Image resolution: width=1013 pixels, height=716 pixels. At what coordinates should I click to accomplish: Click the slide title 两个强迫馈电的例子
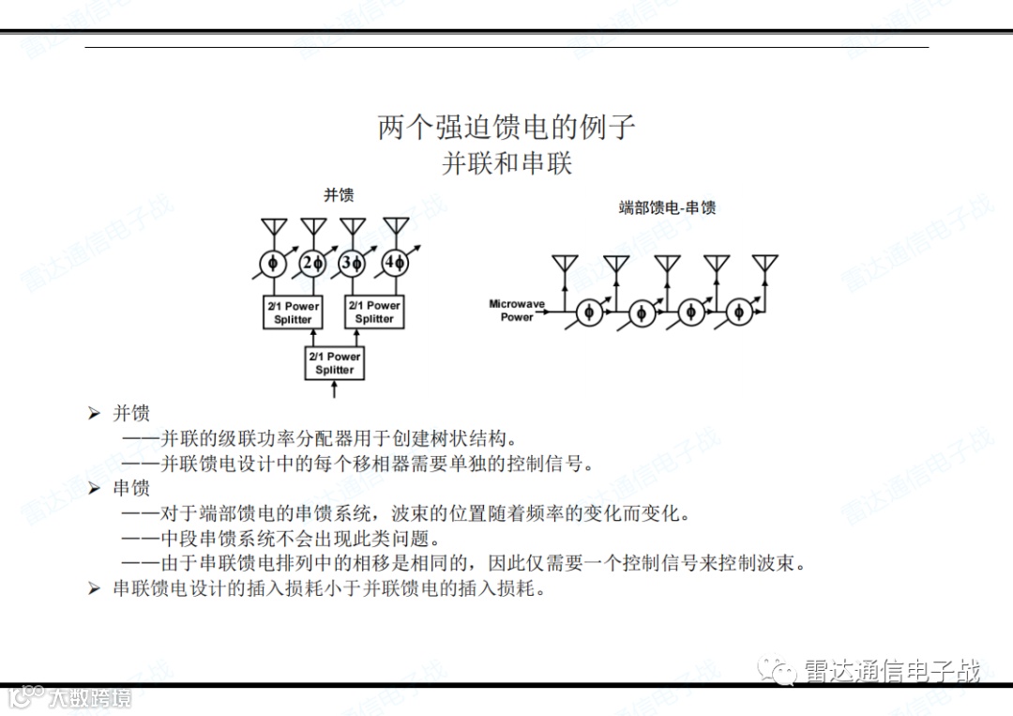(x=506, y=127)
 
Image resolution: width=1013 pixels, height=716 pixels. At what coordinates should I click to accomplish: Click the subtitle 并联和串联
(x=506, y=163)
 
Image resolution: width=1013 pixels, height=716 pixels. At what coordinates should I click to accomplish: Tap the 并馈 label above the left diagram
(x=339, y=195)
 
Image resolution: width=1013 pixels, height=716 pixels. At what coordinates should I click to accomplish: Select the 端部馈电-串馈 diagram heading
(x=667, y=207)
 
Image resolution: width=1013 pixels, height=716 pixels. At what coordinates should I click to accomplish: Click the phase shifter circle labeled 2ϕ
(x=313, y=264)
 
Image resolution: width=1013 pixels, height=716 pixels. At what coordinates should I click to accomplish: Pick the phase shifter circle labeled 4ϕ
(x=395, y=264)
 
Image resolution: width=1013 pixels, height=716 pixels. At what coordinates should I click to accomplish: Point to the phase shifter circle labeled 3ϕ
(x=353, y=264)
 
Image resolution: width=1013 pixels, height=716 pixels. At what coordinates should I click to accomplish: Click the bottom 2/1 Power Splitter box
(x=335, y=363)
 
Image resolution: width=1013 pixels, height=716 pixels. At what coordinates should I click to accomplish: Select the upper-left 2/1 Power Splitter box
(x=293, y=312)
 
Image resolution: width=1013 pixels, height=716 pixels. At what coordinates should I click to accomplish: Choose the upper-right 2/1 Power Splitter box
(x=374, y=312)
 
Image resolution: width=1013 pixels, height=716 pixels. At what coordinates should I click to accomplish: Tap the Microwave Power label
(x=516, y=311)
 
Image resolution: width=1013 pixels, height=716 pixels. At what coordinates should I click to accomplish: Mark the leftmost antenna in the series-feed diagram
(x=565, y=265)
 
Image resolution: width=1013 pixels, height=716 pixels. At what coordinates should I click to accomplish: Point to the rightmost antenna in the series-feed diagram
(x=765, y=265)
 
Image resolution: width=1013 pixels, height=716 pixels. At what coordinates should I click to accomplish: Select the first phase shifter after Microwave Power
(x=590, y=312)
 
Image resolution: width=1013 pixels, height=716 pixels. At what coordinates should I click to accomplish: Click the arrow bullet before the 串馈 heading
(x=94, y=488)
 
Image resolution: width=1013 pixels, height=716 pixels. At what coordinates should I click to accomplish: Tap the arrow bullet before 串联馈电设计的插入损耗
(x=94, y=588)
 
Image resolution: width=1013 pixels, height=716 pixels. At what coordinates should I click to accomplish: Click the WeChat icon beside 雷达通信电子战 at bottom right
(x=780, y=670)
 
